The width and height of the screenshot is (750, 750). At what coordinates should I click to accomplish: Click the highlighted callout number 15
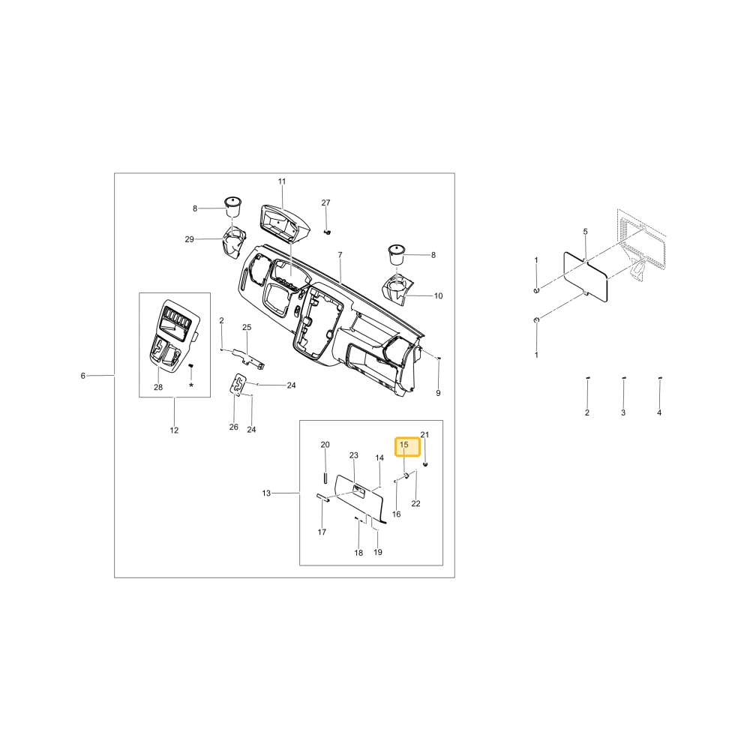point(404,445)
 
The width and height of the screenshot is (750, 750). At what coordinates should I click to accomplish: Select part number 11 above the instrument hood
point(282,181)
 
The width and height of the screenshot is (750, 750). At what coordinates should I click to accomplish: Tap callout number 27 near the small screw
point(325,202)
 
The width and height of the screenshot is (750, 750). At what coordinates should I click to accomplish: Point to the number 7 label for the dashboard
point(340,255)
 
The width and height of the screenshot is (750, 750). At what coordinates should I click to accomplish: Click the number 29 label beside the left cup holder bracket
point(190,239)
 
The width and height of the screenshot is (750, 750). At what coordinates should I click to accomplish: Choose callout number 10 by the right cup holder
point(439,296)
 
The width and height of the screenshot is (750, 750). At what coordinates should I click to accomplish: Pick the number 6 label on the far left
point(82,376)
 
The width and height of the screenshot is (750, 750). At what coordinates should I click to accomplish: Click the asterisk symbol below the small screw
point(191,385)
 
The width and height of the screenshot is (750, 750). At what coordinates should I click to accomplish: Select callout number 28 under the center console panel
point(158,388)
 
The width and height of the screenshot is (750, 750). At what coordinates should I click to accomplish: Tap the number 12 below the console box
point(174,430)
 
